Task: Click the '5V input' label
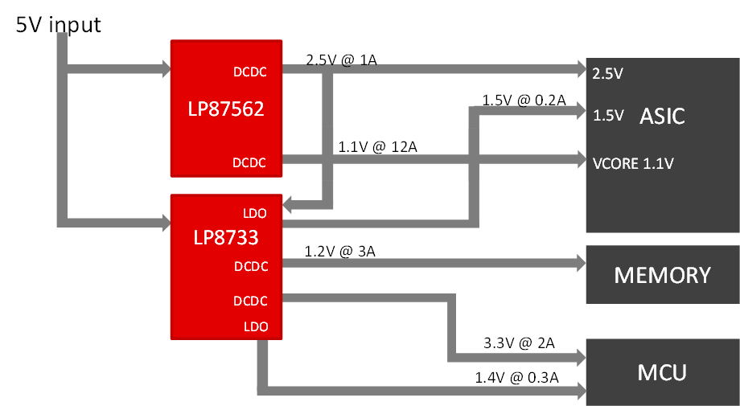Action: (x=59, y=25)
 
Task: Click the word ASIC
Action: (x=661, y=116)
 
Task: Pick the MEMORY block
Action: (x=662, y=275)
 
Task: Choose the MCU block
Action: (x=662, y=373)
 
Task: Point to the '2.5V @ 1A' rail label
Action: (x=342, y=59)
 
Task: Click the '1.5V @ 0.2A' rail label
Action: (x=524, y=100)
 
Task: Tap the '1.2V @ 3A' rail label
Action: (x=340, y=252)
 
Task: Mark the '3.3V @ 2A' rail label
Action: (x=519, y=343)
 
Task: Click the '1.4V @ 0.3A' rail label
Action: (x=516, y=377)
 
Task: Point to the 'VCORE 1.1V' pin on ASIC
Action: (x=632, y=163)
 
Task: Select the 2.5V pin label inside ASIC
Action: (x=607, y=73)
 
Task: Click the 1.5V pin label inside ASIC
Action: (x=607, y=116)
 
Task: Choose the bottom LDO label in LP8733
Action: (x=255, y=326)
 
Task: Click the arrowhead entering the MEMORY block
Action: (x=579, y=263)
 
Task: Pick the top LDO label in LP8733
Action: (x=255, y=213)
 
